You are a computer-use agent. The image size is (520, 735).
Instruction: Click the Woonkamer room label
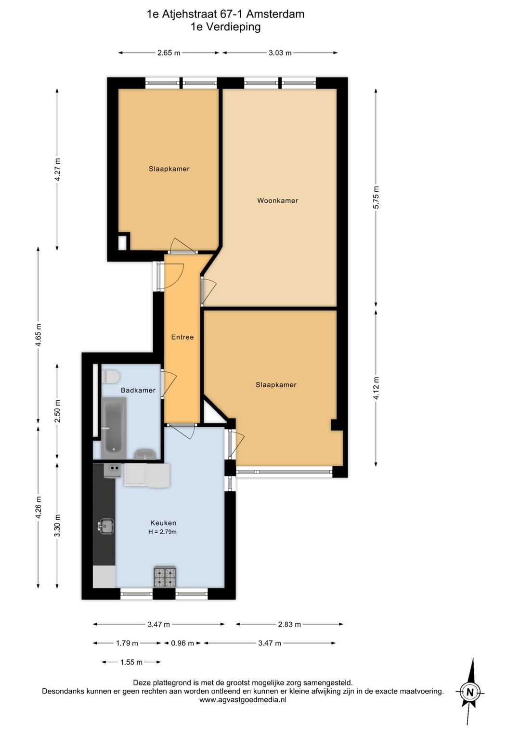point(277,200)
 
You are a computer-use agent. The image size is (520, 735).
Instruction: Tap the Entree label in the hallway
point(182,337)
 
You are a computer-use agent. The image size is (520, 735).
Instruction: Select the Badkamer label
point(138,390)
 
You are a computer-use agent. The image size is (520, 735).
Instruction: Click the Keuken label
point(163,523)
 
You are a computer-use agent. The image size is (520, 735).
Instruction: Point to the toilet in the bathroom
point(110,377)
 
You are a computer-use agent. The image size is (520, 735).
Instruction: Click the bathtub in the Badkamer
point(114,428)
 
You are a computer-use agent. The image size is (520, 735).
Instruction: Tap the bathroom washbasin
point(145,455)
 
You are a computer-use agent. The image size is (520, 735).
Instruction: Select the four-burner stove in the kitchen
point(165,577)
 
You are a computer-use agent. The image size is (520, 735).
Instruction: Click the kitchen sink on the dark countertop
point(106,526)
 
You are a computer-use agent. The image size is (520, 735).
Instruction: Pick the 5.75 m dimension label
point(376,197)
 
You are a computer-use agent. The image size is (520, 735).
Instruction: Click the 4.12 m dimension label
point(376,388)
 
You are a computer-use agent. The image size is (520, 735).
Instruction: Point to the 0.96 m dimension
point(182,643)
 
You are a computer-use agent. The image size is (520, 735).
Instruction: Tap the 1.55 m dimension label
point(131,662)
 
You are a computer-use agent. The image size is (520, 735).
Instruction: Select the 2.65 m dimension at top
point(169,53)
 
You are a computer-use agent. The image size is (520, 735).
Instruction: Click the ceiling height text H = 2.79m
point(162,532)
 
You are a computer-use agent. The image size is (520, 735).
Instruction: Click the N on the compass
point(470,692)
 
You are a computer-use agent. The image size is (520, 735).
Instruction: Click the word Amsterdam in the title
point(275,14)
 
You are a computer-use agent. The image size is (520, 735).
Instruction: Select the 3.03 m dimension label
point(280,53)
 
